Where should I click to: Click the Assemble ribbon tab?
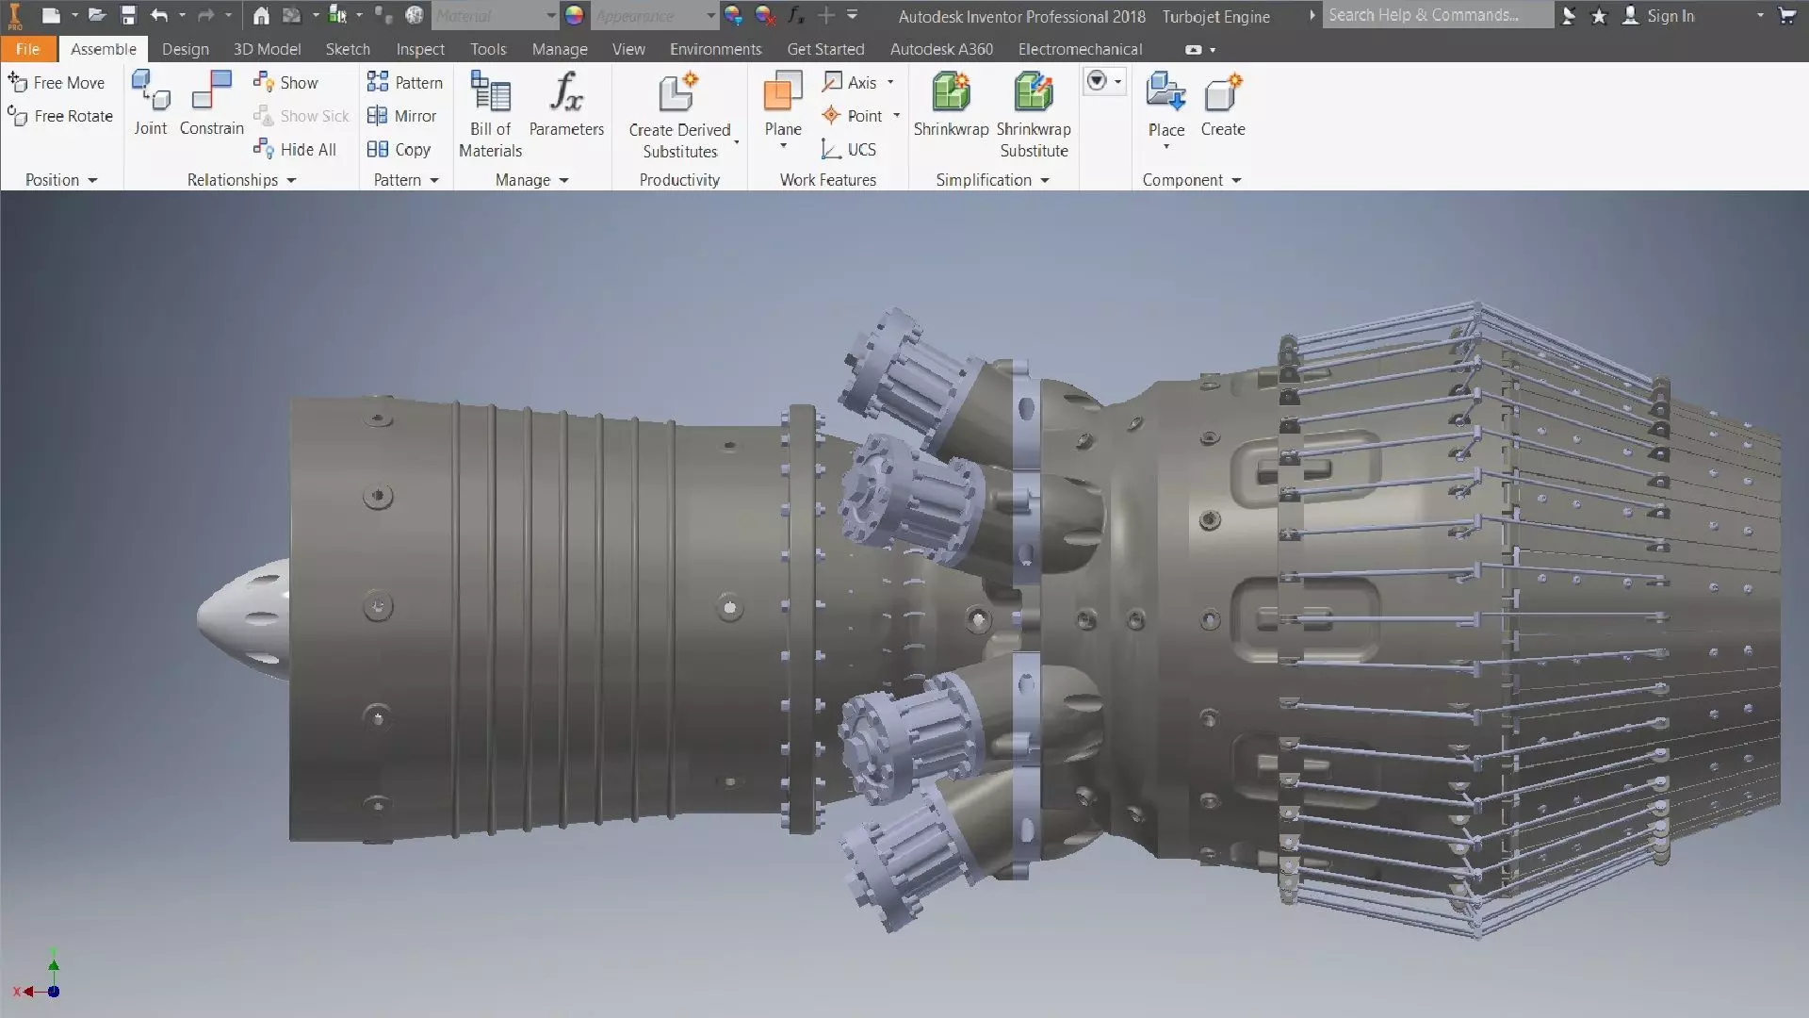(104, 49)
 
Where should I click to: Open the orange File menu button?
(28, 49)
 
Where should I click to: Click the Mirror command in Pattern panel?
(402, 116)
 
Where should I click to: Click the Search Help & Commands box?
(1436, 15)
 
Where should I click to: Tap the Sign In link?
(1670, 16)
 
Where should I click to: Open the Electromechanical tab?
(1080, 49)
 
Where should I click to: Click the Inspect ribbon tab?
(420, 49)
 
